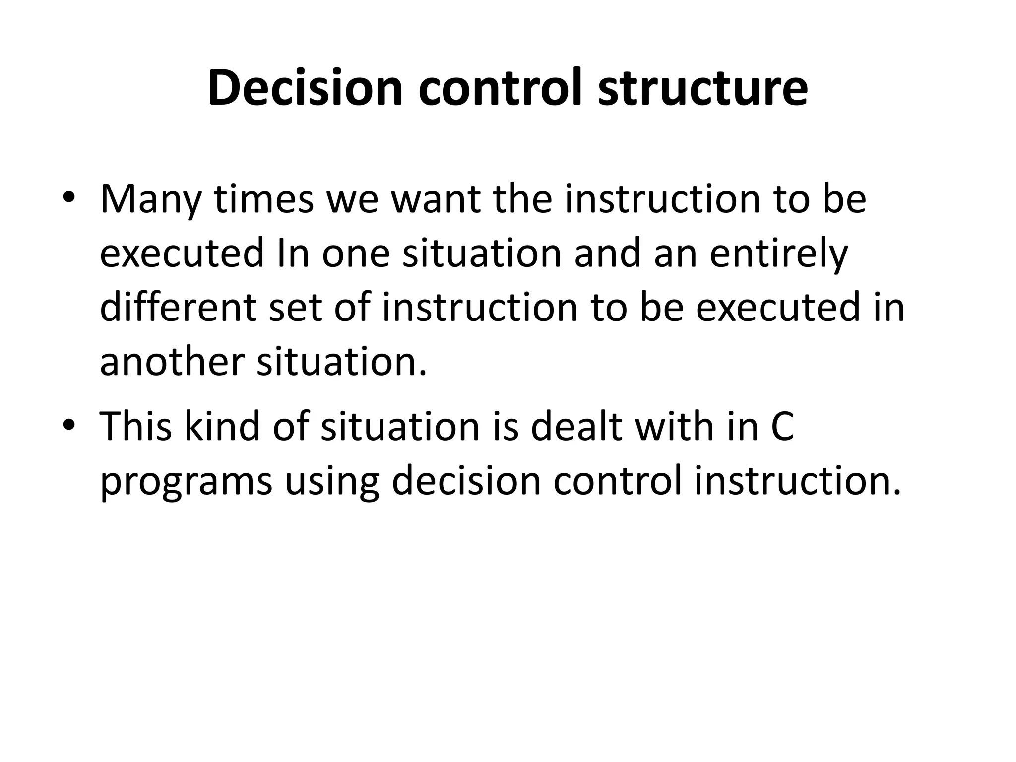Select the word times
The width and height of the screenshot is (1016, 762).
point(263,198)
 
